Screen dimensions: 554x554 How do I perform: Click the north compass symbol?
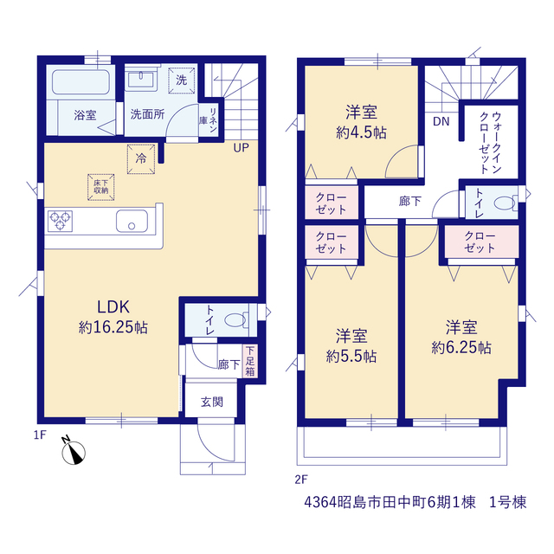74,451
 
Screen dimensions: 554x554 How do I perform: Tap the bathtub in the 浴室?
81,82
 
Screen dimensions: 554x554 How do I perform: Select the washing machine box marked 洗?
182,81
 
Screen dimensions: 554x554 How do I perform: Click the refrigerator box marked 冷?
141,158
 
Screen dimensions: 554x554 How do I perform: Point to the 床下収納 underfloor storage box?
101,187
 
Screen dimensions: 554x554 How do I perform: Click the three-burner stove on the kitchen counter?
60,222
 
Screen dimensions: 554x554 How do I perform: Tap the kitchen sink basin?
132,222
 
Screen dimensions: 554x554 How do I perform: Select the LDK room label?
113,306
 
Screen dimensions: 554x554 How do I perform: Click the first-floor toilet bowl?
235,320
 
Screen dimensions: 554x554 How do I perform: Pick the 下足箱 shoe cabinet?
250,361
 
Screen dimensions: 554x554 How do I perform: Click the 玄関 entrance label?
212,402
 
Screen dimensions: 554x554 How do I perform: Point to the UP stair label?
242,148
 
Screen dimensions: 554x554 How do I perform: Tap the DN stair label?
441,121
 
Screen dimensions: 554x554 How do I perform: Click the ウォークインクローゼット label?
491,142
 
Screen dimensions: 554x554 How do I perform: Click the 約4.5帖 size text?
362,132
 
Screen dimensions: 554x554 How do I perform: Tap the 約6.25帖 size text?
461,348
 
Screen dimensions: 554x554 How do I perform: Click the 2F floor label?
301,480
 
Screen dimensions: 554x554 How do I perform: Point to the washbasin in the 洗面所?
140,79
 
